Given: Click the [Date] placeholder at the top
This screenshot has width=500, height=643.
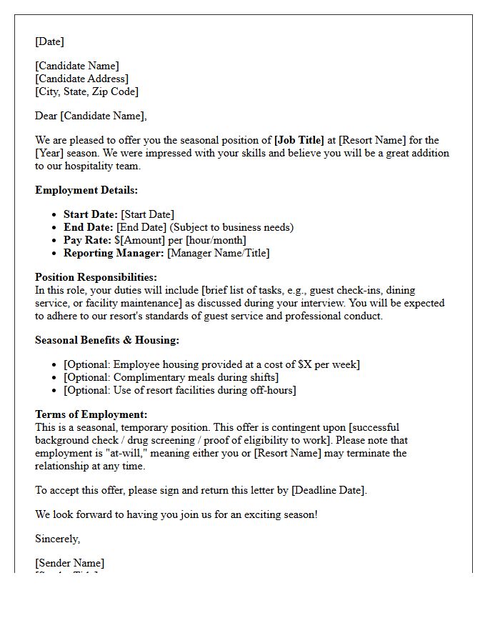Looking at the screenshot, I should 49,41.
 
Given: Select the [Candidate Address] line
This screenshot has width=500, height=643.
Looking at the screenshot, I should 81,79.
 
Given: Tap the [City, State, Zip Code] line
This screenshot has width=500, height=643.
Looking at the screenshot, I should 86,91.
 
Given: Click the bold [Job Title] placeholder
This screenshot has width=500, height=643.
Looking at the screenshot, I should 299,140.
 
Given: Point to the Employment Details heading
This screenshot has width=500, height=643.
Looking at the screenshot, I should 86,190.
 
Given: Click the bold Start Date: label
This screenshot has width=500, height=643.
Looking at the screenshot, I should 91,214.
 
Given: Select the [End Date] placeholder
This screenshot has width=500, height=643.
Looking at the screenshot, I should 141,227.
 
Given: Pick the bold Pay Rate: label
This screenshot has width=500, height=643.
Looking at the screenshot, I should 87,240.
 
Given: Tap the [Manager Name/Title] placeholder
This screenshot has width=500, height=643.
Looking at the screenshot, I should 219,253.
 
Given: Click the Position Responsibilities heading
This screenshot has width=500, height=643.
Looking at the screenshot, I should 96,277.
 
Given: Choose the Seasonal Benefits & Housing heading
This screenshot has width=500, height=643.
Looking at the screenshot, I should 107,340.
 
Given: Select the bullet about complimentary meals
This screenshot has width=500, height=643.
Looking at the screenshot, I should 171,377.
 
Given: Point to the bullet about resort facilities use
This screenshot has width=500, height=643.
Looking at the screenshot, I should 179,390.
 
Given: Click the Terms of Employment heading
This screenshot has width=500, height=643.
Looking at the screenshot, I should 91,414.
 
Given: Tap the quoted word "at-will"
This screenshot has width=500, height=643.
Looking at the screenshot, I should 116,453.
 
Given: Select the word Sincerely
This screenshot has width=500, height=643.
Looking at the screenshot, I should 58,539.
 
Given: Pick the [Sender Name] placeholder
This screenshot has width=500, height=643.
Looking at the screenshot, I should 69,563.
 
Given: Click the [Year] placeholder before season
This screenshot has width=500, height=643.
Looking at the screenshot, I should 50,153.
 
